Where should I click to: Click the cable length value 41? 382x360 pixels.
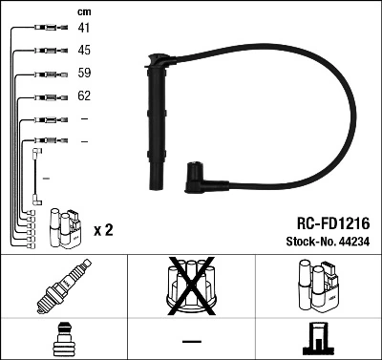click(x=84, y=29)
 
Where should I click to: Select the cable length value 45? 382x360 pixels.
click(x=84, y=50)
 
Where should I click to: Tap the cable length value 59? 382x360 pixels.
click(x=84, y=73)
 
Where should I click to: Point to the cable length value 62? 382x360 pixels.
click(x=84, y=95)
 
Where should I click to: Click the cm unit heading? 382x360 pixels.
click(x=83, y=11)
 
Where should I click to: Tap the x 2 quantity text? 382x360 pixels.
click(x=103, y=230)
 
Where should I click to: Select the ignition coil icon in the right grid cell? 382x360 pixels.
click(x=317, y=287)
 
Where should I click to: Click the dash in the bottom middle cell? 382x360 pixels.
click(x=191, y=341)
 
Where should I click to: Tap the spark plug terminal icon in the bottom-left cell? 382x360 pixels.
click(x=63, y=341)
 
